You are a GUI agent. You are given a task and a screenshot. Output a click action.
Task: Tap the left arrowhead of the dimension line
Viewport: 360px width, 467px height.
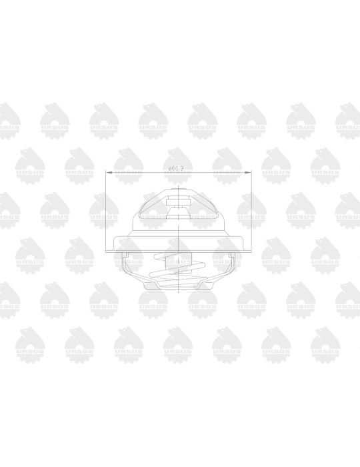(109, 173)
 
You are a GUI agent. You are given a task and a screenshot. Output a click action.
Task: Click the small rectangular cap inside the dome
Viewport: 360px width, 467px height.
(179, 201)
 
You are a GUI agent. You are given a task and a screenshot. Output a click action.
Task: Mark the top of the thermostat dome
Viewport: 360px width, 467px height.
(179, 190)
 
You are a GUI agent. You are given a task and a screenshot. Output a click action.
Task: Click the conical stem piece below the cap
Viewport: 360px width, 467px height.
(179, 212)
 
